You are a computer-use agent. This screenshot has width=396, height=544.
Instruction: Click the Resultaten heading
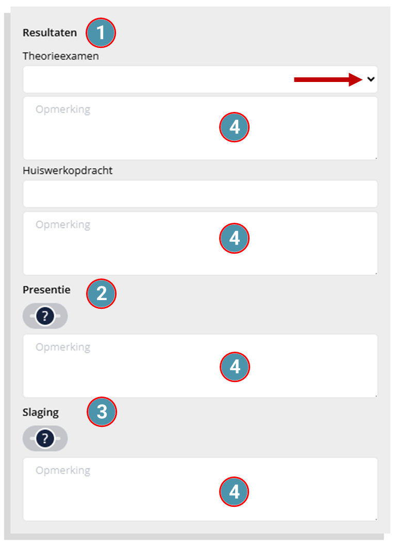click(x=49, y=32)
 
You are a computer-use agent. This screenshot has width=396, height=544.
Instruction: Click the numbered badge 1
click(x=101, y=33)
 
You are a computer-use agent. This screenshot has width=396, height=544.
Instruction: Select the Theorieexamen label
click(x=61, y=56)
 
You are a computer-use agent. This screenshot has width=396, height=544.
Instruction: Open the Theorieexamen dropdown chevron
click(x=371, y=79)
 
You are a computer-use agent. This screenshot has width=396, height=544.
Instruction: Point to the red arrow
click(x=328, y=79)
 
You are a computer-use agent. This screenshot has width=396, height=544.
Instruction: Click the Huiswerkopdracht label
click(x=68, y=171)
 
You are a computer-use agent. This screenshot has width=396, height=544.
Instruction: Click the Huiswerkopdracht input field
click(x=200, y=194)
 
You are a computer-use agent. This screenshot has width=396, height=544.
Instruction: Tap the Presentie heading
click(x=46, y=290)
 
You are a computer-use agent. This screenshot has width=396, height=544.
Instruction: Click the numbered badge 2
click(x=102, y=293)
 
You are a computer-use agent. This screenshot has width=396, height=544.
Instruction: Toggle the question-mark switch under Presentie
click(x=45, y=316)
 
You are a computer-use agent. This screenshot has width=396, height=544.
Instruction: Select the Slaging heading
click(x=41, y=413)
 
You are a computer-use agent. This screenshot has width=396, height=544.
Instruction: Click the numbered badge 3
click(x=102, y=412)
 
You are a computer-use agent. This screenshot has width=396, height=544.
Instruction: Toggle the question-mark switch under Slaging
click(x=45, y=438)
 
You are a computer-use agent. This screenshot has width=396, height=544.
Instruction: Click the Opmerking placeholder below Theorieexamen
click(x=63, y=110)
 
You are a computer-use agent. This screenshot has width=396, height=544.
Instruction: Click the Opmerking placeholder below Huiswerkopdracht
click(x=63, y=225)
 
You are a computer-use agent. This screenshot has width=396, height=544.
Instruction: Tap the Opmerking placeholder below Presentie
click(x=63, y=348)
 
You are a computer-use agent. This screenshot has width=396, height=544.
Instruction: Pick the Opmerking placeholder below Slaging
click(x=63, y=470)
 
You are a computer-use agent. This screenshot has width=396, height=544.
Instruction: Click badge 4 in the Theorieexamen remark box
click(x=234, y=127)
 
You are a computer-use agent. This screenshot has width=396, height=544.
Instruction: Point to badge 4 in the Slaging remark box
click(x=234, y=491)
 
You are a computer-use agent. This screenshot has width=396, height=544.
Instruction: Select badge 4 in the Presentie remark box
click(x=235, y=367)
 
